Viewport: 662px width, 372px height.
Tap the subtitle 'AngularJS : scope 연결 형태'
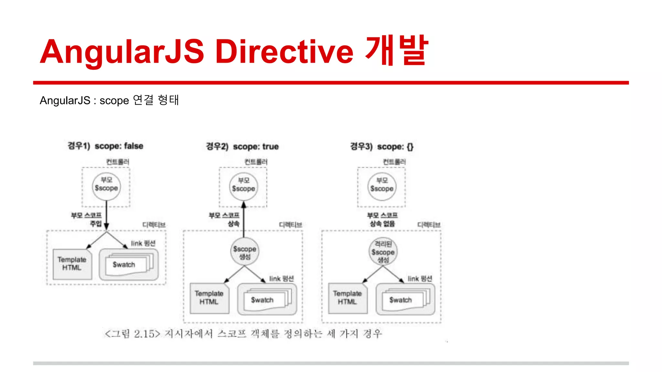pos(109,100)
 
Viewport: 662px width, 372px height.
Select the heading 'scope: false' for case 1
pos(119,146)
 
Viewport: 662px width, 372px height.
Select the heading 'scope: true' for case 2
pos(256,147)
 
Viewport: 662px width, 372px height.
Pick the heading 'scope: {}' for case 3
pos(395,147)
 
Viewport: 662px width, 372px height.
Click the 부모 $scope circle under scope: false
pos(106,186)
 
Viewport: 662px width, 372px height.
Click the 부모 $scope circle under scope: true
pos(244,187)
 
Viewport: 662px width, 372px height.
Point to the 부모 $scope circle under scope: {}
pos(382,187)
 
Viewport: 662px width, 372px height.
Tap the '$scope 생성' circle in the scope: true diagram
pos(245,252)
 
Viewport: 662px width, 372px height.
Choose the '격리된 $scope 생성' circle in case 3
pos(383,252)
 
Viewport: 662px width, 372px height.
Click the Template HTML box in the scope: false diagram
pos(72,263)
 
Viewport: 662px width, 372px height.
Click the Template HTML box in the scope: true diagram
pos(209,297)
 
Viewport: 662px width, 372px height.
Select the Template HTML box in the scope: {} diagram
pos(347,297)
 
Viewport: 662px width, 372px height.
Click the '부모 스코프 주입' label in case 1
pos(87,219)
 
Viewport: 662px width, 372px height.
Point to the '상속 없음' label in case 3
pos(382,223)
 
